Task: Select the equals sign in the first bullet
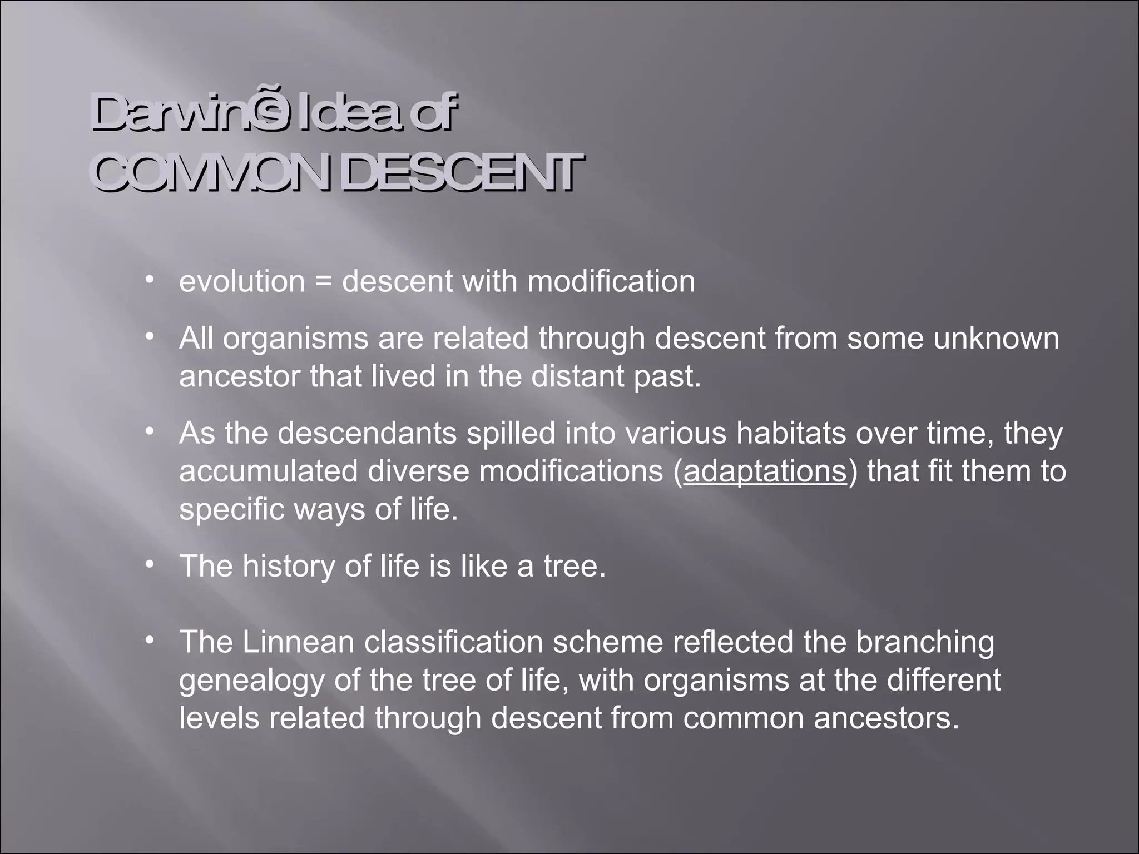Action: [x=323, y=281]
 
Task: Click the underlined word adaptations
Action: [x=765, y=471]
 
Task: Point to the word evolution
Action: [x=242, y=281]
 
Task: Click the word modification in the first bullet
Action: [x=611, y=281]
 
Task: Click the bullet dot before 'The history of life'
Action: [x=148, y=564]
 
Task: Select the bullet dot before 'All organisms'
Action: [x=148, y=336]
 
